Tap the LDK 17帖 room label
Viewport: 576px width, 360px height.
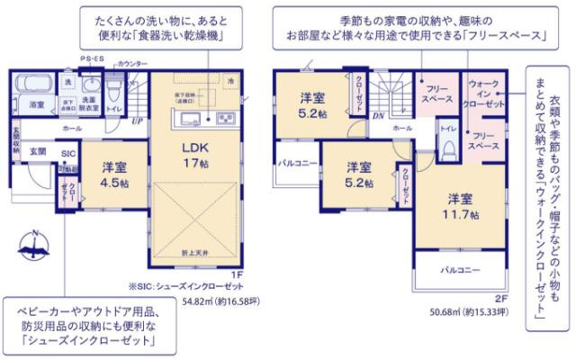(x=195, y=155)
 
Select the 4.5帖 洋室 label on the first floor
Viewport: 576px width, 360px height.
(x=112, y=173)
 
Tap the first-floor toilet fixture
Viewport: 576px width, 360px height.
(x=114, y=93)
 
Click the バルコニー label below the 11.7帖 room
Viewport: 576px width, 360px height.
(x=460, y=270)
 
